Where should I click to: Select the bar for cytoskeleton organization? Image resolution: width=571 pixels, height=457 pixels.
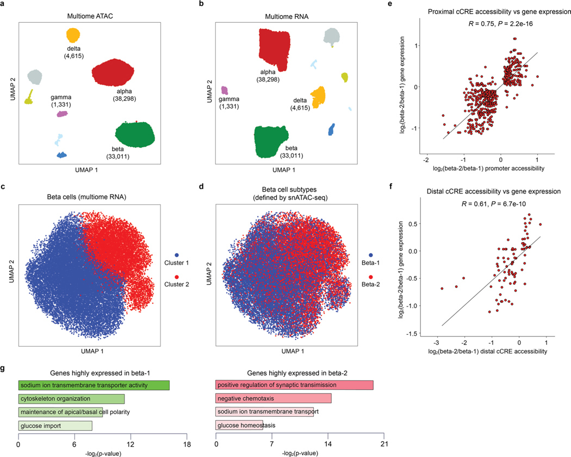pos(71,398)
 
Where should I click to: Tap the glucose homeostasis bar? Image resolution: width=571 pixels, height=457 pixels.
pos(239,425)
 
